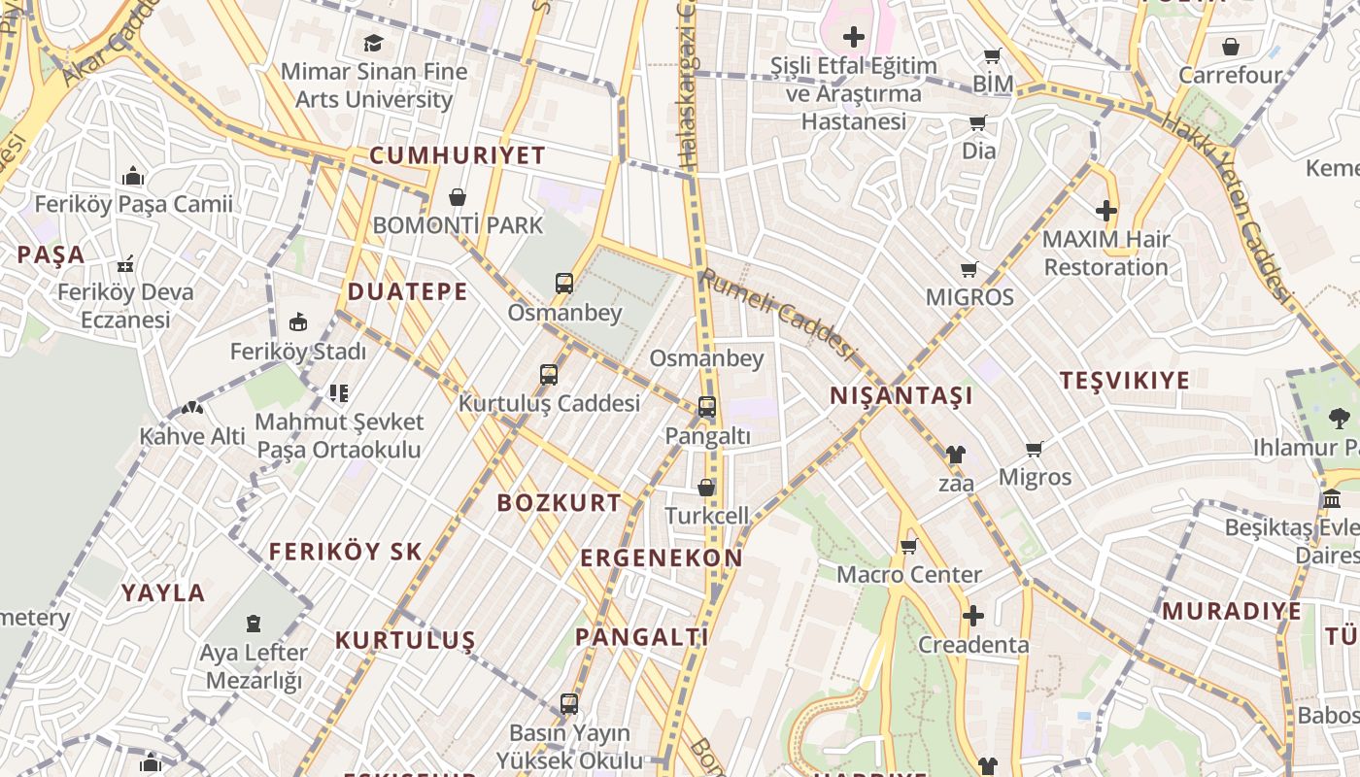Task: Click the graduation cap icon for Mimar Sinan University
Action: [373, 43]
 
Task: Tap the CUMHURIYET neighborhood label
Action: [458, 155]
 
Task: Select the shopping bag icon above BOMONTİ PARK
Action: [458, 198]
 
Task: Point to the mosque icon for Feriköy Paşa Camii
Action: [133, 177]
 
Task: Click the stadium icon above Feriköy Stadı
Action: [298, 322]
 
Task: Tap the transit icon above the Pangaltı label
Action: [707, 408]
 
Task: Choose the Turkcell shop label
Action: [707, 516]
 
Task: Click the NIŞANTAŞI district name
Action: [901, 395]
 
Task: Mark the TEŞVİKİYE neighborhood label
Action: [1124, 380]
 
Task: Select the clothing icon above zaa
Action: [956, 455]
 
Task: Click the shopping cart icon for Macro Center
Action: [909, 547]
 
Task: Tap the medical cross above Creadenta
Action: [972, 617]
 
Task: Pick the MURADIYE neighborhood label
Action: [1231, 611]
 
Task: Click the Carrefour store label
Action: [1230, 75]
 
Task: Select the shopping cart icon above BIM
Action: [993, 56]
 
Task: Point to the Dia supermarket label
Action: [978, 151]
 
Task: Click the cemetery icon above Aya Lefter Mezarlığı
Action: [254, 623]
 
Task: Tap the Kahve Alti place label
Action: [192, 436]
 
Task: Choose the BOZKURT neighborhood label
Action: [559, 502]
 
